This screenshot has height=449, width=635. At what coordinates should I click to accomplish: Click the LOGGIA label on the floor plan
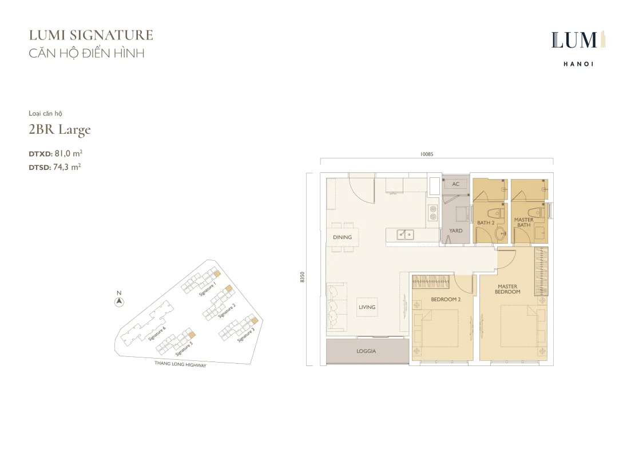coord(366,351)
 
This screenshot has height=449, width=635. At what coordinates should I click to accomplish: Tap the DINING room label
coord(342,237)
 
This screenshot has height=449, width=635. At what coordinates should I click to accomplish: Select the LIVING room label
coord(367,307)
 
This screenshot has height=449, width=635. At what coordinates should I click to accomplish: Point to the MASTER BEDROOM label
coord(507,289)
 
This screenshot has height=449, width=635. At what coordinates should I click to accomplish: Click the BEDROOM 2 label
coord(446,300)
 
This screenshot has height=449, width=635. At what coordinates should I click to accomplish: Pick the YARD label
coord(455,231)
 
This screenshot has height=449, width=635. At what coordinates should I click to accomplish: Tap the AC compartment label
coord(455,184)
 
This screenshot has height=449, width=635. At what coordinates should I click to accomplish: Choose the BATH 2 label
coord(486,222)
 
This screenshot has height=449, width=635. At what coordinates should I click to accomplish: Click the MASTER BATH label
coord(523,222)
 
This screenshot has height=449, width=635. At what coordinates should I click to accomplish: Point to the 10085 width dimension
coord(426,154)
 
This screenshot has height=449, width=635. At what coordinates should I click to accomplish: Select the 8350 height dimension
coord(302,277)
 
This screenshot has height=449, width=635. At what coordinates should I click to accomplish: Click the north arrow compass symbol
coord(119,301)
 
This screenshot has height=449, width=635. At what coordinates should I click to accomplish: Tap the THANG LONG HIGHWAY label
coord(180,364)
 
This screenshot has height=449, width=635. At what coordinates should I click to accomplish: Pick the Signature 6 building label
coord(157,333)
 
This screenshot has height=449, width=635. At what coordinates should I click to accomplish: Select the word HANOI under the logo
coord(578,64)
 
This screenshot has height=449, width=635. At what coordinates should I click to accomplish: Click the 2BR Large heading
coord(59,130)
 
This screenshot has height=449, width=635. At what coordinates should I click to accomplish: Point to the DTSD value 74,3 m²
coord(68,167)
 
